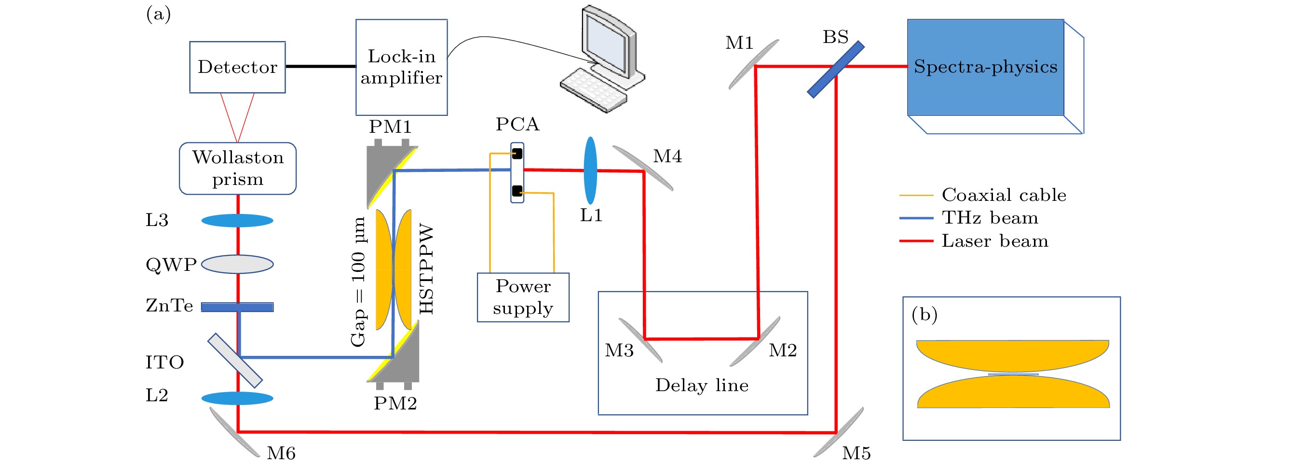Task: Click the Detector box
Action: (237, 67)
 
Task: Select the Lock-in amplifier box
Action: (401, 67)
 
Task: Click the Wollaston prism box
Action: (238, 169)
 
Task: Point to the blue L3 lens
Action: (237, 221)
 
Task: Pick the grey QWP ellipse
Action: (237, 264)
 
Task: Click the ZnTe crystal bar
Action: (237, 307)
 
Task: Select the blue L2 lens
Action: (237, 399)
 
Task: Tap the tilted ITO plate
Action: (235, 361)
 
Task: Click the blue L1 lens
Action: (590, 170)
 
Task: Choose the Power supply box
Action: (523, 297)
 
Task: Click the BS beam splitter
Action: (835, 69)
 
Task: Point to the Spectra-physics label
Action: (985, 67)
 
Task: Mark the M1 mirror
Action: (753, 65)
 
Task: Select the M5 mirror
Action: (838, 432)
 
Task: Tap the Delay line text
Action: (702, 385)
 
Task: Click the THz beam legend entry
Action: (990, 218)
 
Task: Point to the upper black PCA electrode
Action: (517, 154)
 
